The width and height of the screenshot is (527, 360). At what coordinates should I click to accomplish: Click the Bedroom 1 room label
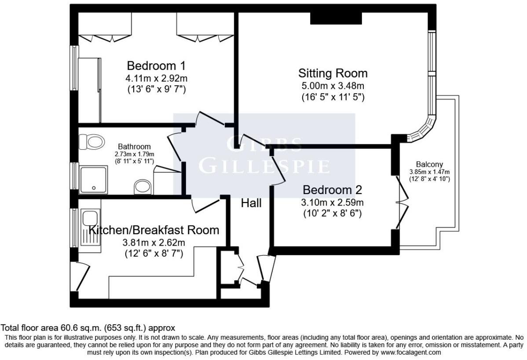tap(156, 66)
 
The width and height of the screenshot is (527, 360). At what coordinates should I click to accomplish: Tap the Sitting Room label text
tap(333, 73)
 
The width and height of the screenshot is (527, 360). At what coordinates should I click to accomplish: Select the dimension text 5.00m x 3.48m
tap(333, 86)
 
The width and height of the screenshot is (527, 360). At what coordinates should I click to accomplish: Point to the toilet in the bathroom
tap(95, 142)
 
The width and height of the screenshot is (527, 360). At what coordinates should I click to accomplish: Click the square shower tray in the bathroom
tap(93, 180)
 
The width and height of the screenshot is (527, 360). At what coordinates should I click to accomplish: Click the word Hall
tap(251, 203)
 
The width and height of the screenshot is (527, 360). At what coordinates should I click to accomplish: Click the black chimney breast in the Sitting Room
tap(336, 18)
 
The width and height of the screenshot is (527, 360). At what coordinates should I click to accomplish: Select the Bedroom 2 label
tap(333, 190)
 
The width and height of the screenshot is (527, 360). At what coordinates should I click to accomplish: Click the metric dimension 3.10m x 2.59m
tap(333, 203)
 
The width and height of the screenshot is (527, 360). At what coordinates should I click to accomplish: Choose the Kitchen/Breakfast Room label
tap(154, 230)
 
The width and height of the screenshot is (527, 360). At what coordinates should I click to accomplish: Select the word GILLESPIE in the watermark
tap(264, 166)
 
